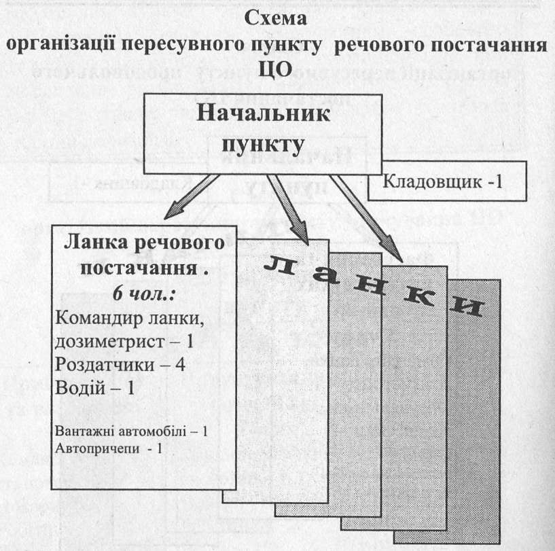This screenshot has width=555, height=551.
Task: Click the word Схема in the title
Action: [x=279, y=20]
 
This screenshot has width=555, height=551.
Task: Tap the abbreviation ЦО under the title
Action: [x=279, y=68]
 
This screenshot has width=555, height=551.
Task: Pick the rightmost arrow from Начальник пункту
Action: [x=366, y=219]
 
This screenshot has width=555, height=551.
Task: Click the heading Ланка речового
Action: [x=143, y=243]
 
